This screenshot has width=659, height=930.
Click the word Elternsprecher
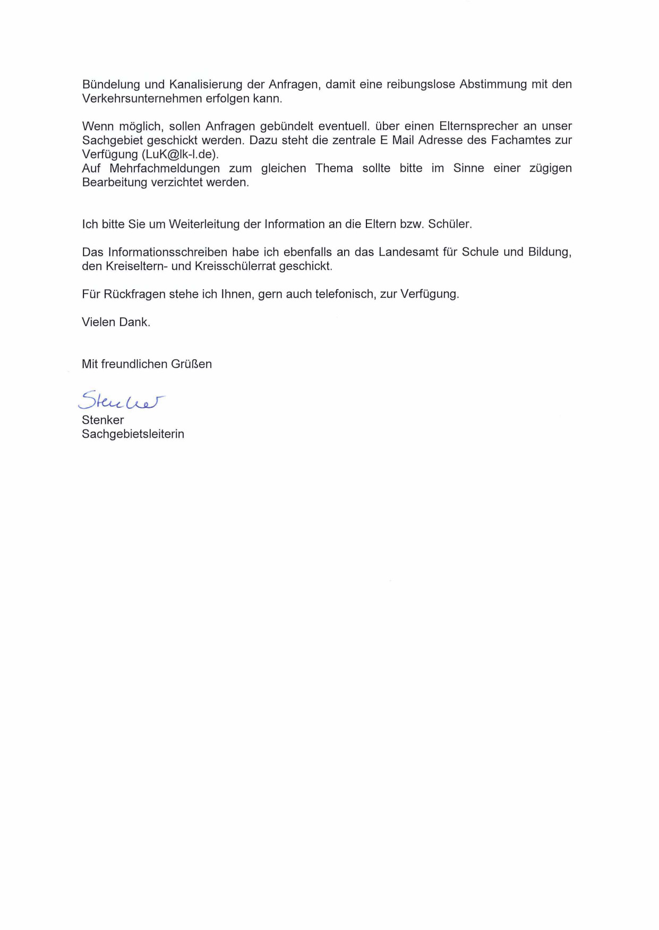point(478,126)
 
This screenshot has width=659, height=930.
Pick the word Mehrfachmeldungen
point(165,168)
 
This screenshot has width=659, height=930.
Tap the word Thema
point(334,168)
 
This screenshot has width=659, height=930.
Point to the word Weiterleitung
point(204,225)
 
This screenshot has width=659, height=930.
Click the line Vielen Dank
point(116,322)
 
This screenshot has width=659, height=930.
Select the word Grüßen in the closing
point(191,364)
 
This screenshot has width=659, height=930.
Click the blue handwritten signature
point(121,401)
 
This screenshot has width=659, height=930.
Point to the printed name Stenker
point(103,420)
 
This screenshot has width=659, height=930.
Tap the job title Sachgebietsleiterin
point(133,434)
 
